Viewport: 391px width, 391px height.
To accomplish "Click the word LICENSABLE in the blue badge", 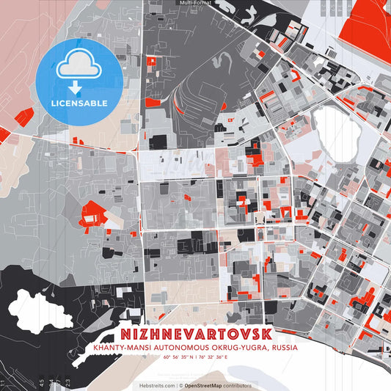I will [78, 103].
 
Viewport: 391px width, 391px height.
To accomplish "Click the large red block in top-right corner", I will [373, 15].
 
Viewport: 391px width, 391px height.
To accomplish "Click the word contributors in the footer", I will [238, 385].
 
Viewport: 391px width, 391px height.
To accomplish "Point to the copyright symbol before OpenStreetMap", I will [180, 385].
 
